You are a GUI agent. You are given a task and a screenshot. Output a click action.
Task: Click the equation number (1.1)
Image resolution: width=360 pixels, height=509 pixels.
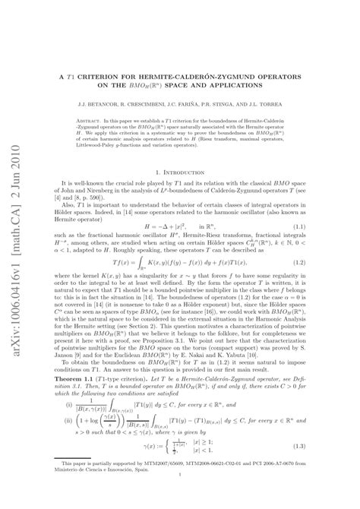[x=329, y=226]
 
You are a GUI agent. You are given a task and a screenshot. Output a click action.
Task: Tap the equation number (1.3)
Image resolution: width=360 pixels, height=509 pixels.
[x=329, y=468]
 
